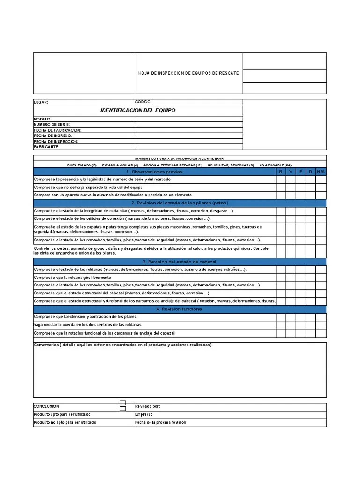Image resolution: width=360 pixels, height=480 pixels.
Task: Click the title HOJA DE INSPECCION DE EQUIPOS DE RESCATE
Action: click(x=188, y=73)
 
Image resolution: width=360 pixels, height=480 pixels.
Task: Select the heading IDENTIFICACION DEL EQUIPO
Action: click(x=138, y=110)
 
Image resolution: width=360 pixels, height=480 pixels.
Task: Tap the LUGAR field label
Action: click(x=41, y=102)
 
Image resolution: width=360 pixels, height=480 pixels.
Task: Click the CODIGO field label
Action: click(x=143, y=102)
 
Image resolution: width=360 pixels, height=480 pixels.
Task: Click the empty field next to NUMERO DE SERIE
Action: click(x=188, y=125)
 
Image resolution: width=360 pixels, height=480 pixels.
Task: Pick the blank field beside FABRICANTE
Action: click(x=188, y=147)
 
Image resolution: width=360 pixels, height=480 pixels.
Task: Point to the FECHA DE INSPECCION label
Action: click(x=56, y=141)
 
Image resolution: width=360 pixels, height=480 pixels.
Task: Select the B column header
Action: click(x=281, y=172)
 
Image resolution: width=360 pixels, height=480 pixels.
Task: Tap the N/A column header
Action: click(x=321, y=172)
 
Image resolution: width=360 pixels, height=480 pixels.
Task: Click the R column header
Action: click(x=300, y=172)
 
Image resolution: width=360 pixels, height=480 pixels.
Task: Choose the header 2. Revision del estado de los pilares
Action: click(x=180, y=203)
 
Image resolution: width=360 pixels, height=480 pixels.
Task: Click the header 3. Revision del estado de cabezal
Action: click(x=180, y=262)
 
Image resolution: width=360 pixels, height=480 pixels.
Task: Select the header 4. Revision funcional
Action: click(x=180, y=309)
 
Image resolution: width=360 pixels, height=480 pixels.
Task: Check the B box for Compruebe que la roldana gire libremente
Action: click(x=281, y=277)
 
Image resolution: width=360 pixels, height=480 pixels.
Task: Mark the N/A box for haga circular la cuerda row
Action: click(x=321, y=325)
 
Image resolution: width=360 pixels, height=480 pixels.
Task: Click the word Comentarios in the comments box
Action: click(x=46, y=345)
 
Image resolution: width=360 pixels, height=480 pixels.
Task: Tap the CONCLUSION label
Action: click(x=46, y=406)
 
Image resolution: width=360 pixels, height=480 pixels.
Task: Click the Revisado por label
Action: click(x=148, y=406)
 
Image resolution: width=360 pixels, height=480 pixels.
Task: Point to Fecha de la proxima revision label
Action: click(x=161, y=423)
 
